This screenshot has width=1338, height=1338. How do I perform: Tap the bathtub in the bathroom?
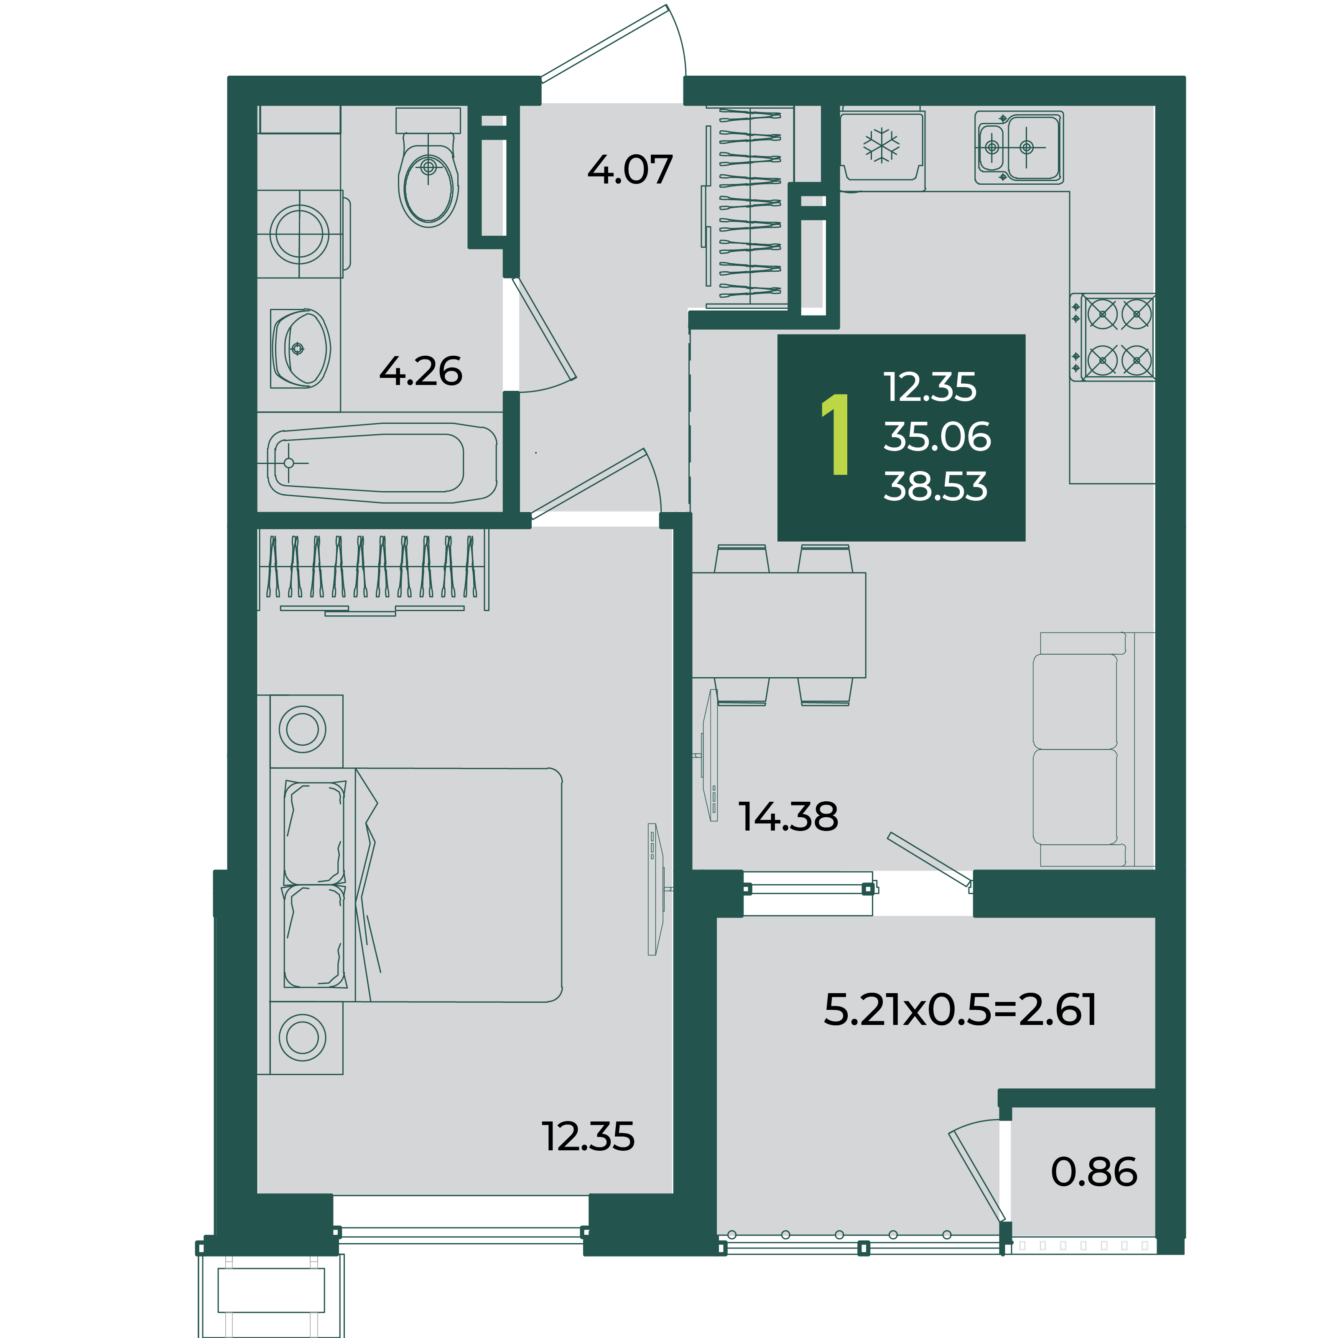tap(382, 463)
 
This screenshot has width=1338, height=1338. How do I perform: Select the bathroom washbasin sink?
tap(300, 348)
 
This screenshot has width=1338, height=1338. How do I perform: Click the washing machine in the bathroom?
tap(300, 234)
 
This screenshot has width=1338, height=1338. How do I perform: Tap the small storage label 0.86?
tap(1093, 1172)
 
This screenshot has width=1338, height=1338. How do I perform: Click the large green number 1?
tap(836, 434)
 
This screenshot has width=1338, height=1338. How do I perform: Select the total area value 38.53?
tap(935, 486)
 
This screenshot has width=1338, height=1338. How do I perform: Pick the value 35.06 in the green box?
tap(937, 436)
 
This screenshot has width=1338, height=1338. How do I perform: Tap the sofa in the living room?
tap(1093, 749)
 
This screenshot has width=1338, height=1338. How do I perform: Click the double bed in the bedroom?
tap(415, 885)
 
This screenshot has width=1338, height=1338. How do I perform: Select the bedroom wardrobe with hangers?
tap(372, 571)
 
